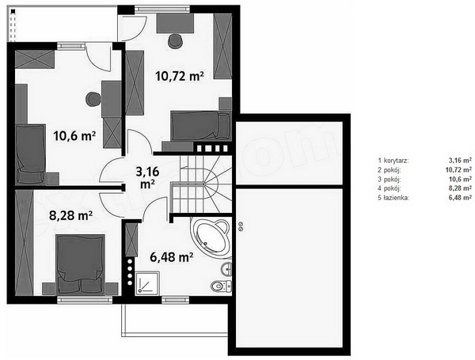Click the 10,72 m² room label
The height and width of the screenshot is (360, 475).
179,76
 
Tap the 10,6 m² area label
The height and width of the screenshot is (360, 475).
74,135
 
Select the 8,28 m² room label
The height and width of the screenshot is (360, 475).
70,216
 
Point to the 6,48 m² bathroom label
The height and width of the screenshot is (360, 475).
172,257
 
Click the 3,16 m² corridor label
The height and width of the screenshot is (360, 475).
147,177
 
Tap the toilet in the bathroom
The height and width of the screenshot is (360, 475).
221,286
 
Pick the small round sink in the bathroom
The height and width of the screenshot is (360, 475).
226,269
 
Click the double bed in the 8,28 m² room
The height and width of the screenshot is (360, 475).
81,263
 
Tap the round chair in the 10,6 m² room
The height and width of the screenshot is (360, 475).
93,99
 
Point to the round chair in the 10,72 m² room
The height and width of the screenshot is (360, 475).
175,41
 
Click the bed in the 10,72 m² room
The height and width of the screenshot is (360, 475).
200,126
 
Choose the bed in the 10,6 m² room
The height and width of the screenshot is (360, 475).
31,154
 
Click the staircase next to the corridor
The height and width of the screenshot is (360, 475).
201,184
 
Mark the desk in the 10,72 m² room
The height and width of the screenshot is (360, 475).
176,23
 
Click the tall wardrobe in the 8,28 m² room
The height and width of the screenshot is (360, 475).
24,243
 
